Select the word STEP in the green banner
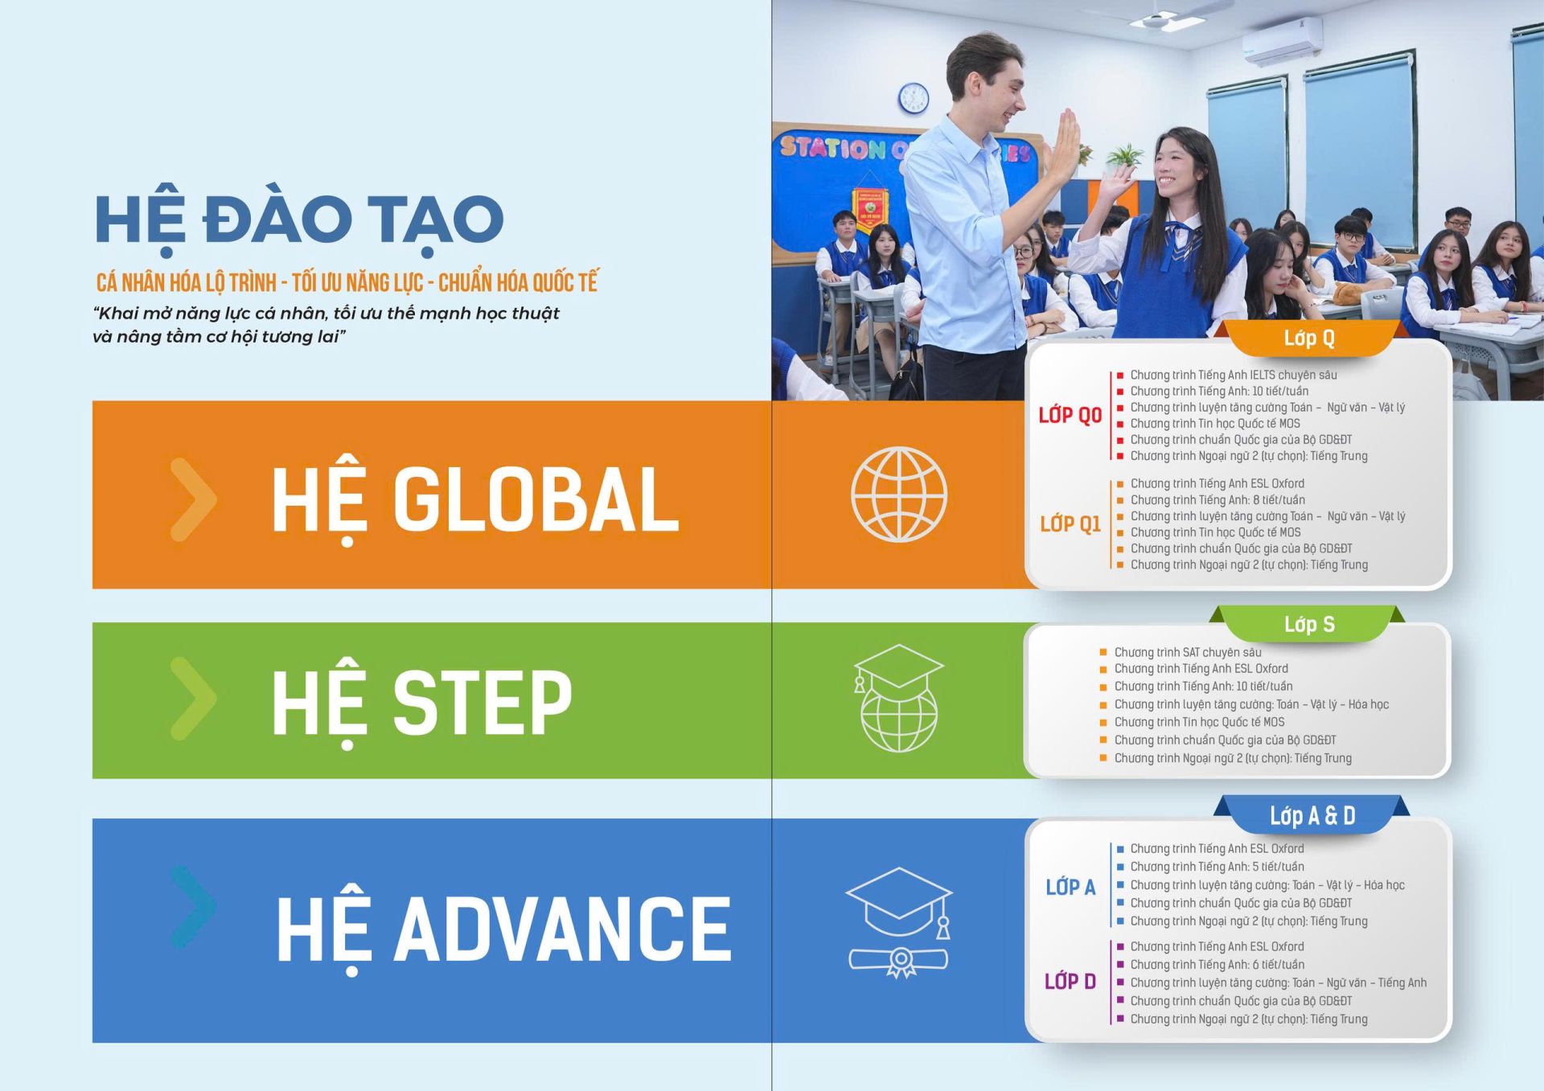[482, 702]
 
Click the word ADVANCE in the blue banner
[563, 929]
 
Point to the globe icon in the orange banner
[899, 494]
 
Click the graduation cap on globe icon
[898, 698]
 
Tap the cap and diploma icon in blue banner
[899, 921]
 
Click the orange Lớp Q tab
[1309, 338]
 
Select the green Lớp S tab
[1309, 624]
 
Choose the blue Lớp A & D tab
[1312, 815]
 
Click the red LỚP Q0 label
[1070, 415]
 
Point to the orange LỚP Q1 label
[1070, 524]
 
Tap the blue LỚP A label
[1070, 887]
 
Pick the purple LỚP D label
[1070, 981]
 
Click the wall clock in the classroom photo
[913, 98]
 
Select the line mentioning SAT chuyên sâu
[1188, 652]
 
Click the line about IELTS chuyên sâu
[1234, 375]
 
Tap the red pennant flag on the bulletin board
[868, 211]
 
